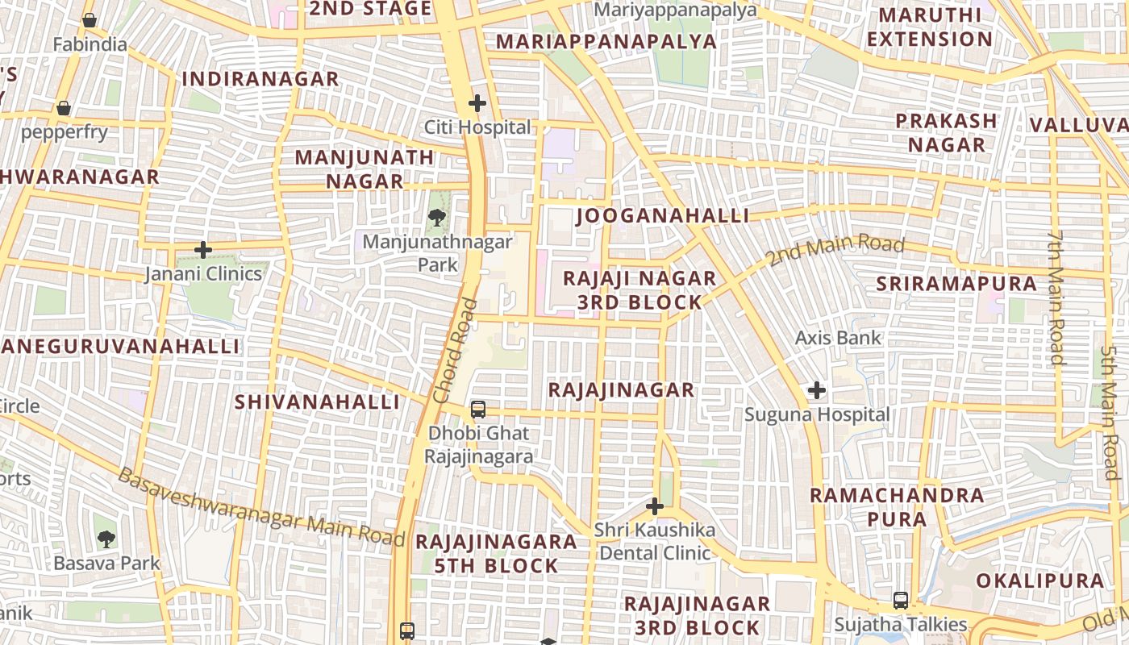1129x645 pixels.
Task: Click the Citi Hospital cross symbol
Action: (477, 103)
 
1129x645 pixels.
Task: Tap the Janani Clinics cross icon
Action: (203, 250)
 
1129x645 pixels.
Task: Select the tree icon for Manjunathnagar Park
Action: (436, 217)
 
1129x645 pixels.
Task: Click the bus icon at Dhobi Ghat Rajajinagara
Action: (478, 410)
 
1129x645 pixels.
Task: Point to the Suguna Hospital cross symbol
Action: (817, 391)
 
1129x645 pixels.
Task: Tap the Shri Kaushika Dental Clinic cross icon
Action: (655, 506)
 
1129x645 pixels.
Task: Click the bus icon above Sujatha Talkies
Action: (901, 601)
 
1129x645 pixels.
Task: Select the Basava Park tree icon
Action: (106, 539)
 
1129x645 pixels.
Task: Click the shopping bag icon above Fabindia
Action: (90, 20)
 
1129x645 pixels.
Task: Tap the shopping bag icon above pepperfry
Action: (64, 108)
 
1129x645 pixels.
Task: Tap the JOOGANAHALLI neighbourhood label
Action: (663, 216)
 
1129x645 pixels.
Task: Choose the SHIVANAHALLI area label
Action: (317, 402)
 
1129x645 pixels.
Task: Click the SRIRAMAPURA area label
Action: (956, 284)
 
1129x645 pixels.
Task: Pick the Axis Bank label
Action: (839, 338)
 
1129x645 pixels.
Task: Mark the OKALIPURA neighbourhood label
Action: (1039, 581)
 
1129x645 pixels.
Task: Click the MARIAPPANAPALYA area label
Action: (606, 42)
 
